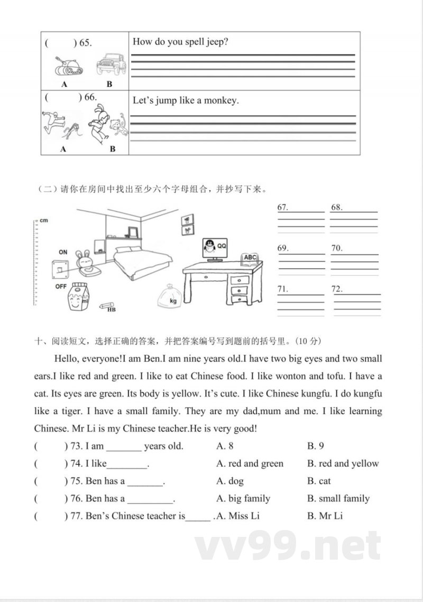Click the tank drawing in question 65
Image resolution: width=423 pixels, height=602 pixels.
click(66, 66)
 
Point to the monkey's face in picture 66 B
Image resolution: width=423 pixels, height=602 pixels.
click(115, 127)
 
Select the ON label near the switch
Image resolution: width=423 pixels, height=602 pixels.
click(62, 252)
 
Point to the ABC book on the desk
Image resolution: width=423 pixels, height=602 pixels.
click(250, 258)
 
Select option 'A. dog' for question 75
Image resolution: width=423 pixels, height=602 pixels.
click(230, 481)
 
